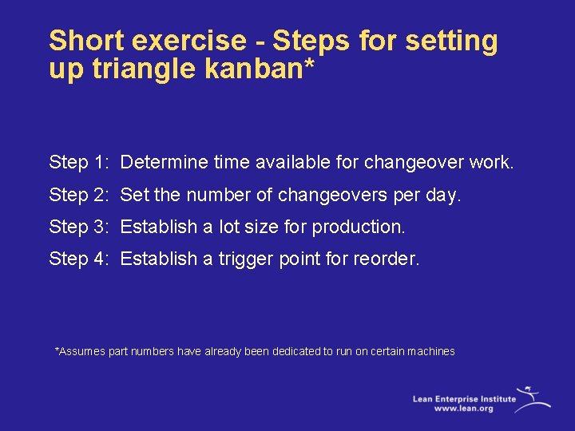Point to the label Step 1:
click(78, 163)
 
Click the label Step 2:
click(78, 195)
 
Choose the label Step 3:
click(78, 227)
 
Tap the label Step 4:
click(78, 259)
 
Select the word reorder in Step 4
click(387, 259)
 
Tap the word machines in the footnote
click(431, 351)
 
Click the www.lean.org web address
click(463, 408)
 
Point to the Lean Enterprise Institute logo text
click(463, 397)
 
